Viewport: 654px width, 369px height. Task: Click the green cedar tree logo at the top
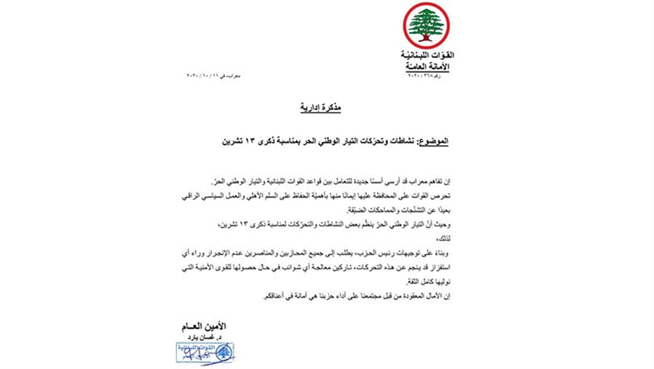[426, 26]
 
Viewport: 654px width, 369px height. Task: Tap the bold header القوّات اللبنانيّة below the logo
[427, 55]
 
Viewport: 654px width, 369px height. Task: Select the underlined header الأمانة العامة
[427, 66]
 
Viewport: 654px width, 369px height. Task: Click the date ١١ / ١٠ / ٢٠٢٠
[203, 76]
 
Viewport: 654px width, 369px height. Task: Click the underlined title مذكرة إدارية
[320, 107]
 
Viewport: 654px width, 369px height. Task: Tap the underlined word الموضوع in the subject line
[434, 141]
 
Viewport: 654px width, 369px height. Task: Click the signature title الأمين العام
[204, 326]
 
